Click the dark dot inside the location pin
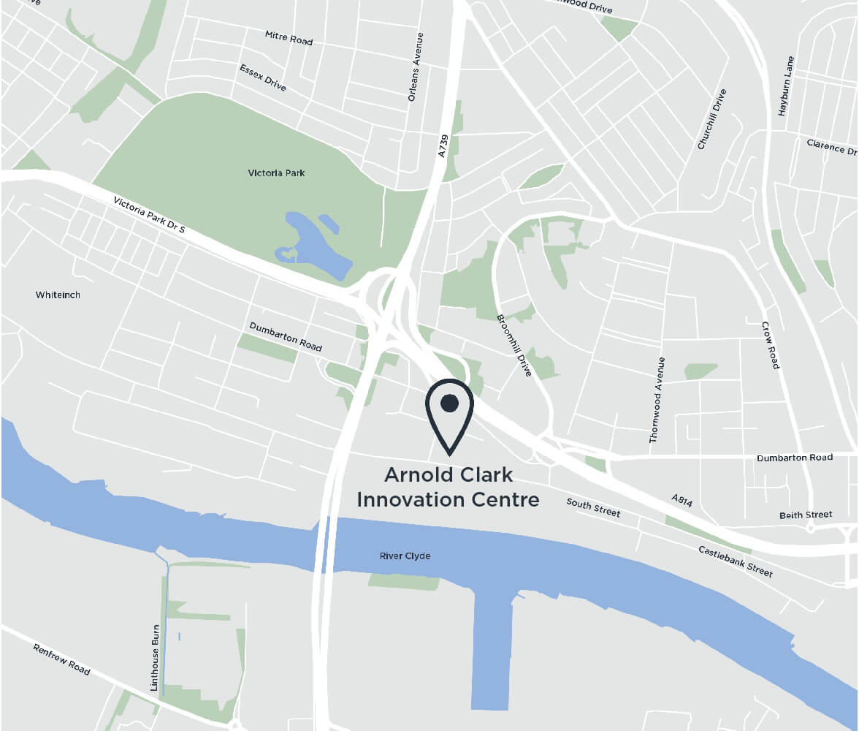450,403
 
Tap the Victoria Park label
276,173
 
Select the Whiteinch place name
58,295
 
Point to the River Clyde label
405,556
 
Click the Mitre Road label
289,38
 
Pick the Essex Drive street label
263,77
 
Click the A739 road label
442,144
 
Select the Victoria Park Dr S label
150,215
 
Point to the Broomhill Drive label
514,345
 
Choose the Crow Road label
771,345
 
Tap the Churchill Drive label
712,119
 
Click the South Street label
593,508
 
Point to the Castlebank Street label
735,561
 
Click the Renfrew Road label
61,659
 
